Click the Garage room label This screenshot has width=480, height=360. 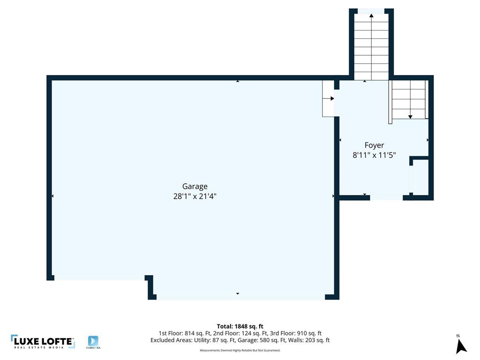click(x=195, y=187)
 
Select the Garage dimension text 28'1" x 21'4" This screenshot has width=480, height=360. click(x=195, y=196)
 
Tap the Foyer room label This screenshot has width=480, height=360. click(x=374, y=145)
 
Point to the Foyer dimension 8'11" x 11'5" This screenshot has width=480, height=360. click(x=374, y=155)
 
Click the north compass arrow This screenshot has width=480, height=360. click(x=461, y=346)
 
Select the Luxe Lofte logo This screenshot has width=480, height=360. click(x=43, y=342)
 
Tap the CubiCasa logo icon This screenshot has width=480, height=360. click(x=93, y=341)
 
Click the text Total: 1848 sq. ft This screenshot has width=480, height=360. click(x=240, y=326)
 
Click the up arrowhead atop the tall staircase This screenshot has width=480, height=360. click(x=371, y=15)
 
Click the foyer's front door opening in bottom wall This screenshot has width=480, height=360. click(x=386, y=197)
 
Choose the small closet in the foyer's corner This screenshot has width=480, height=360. click(x=420, y=177)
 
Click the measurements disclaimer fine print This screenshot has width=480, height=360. click(x=240, y=350)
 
